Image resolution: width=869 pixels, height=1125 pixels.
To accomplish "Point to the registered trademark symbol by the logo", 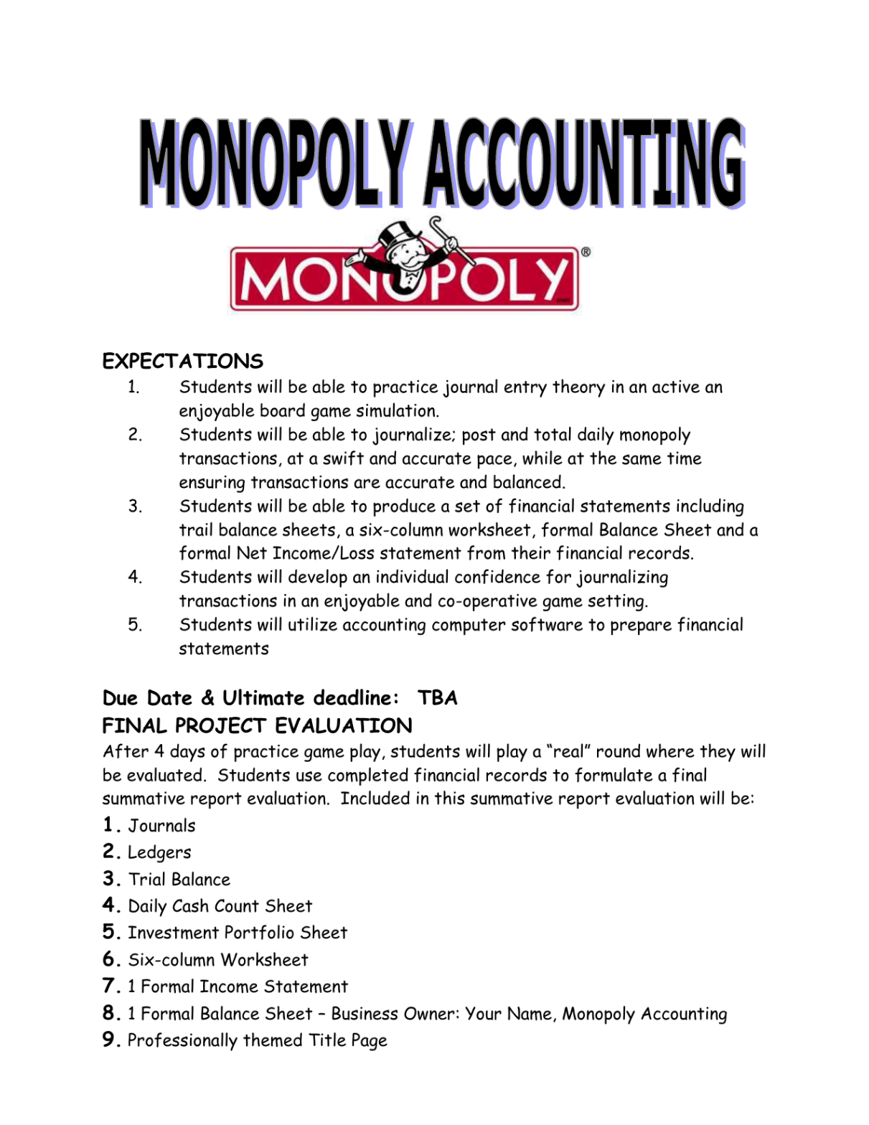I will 586,252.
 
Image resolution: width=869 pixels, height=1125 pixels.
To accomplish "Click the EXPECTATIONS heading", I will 182,361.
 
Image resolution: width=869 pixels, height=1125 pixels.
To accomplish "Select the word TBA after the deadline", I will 437,698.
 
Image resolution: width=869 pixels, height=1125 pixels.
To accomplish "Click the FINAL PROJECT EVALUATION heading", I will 257,726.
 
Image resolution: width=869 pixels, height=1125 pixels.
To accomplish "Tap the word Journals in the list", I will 161,826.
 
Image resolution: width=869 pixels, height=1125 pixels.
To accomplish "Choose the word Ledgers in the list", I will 159,852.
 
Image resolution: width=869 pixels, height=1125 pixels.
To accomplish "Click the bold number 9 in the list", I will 110,1040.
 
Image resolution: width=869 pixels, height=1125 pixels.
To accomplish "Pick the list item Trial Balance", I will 179,880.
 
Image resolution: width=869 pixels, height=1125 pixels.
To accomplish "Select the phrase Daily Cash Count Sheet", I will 220,906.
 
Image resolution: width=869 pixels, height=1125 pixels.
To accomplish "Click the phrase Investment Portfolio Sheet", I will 238,933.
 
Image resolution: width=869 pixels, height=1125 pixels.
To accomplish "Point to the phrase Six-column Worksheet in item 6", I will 218,960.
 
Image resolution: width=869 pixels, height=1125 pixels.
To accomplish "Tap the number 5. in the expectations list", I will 135,625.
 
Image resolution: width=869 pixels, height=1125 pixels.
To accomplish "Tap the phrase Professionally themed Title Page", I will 257,1040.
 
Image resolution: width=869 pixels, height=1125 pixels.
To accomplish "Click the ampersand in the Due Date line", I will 207,698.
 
